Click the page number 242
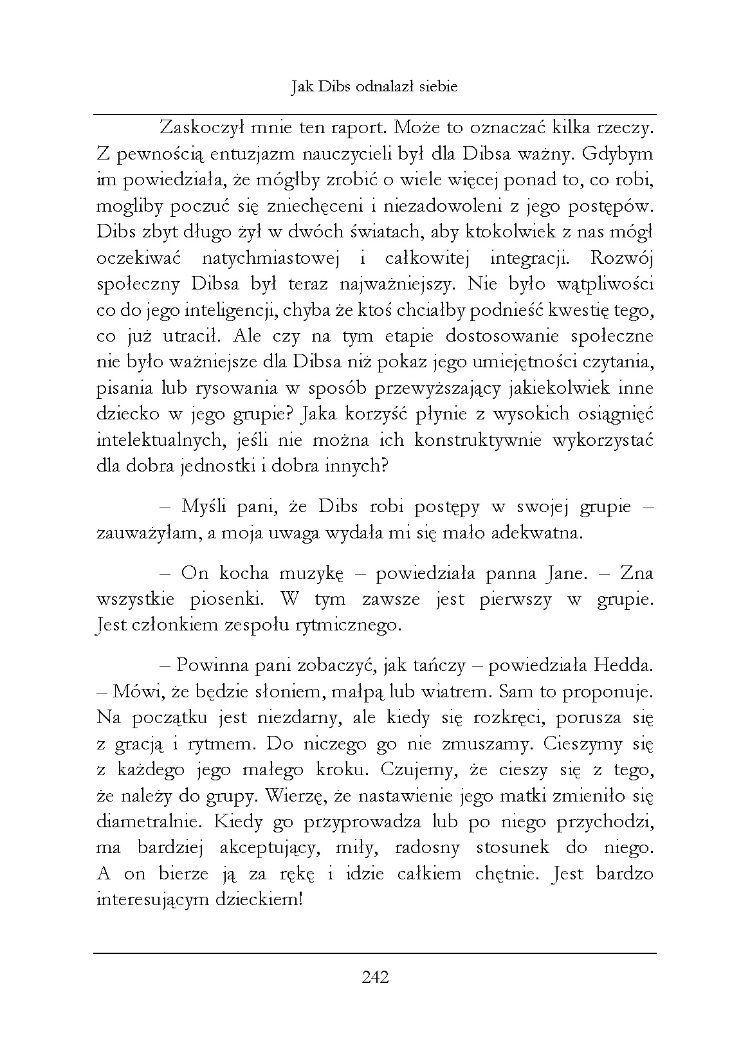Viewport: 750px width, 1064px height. pyautogui.click(x=375, y=978)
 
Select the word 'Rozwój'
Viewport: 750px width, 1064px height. pyautogui.click(x=621, y=258)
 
